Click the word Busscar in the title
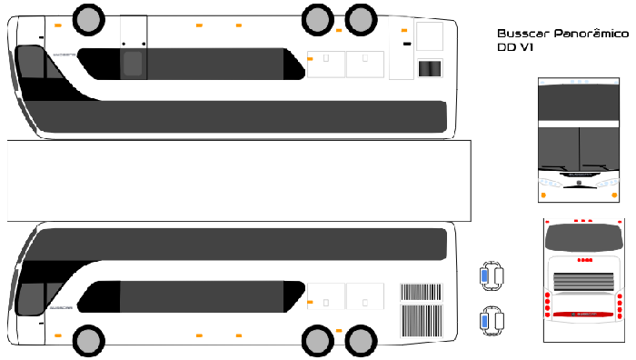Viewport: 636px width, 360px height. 517,32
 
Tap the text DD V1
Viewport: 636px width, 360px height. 514,47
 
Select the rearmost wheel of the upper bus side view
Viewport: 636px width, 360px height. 361,17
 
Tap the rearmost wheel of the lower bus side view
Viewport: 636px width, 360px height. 361,341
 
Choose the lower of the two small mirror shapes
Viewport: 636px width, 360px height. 492,321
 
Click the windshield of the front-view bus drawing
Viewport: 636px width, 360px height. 579,145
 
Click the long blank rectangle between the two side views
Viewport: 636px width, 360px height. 238,180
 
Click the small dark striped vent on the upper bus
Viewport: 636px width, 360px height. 430,68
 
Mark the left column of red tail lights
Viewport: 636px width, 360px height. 547,303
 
